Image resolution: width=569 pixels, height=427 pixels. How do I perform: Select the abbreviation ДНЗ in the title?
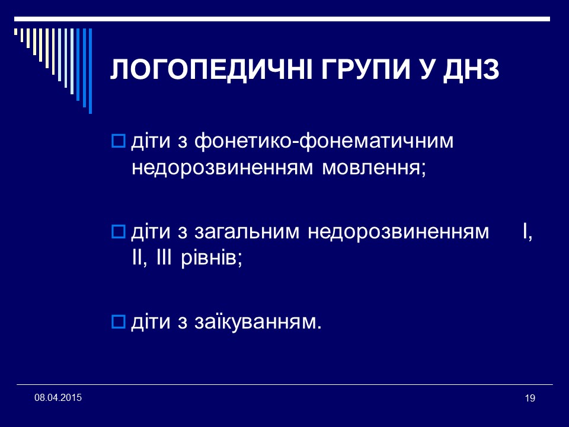pos(475,71)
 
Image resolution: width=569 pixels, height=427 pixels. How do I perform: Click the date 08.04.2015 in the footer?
pos(58,396)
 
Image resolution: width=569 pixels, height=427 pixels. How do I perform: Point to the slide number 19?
pos(530,399)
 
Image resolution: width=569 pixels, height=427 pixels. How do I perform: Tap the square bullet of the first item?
pos(117,142)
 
